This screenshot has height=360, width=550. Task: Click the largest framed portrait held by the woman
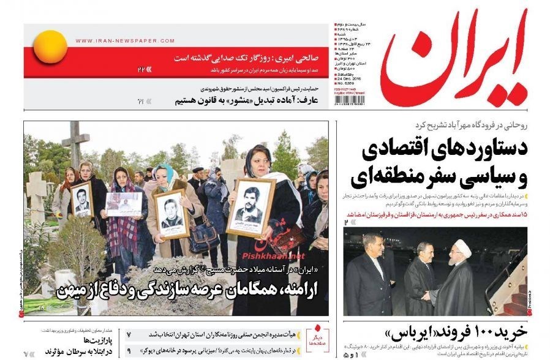point(250,208)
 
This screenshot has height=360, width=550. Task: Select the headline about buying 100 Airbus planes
point(456,332)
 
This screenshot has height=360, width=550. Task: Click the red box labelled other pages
point(317,334)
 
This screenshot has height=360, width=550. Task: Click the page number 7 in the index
point(129,335)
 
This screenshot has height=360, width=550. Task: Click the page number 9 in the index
point(129,351)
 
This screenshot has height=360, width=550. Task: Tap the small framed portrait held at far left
point(81,200)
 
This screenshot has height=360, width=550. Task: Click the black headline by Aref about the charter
point(239,100)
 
